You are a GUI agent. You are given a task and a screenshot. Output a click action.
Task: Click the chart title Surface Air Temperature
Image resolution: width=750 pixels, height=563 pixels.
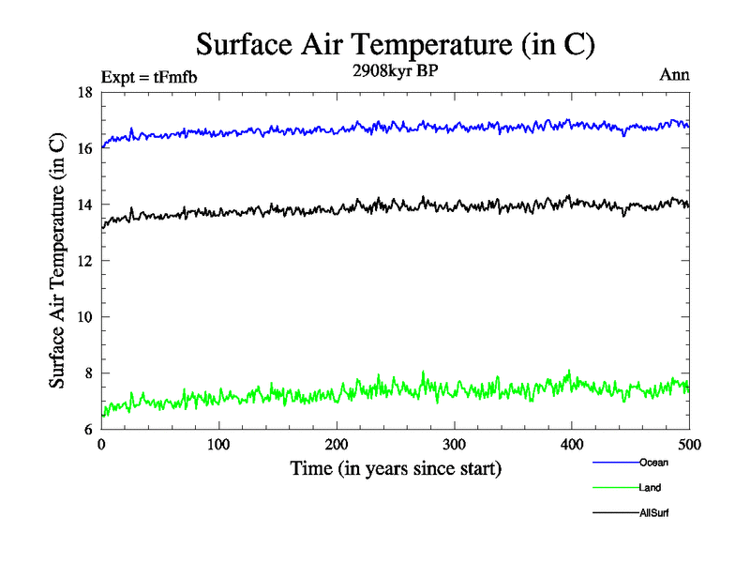pyautogui.click(x=396, y=44)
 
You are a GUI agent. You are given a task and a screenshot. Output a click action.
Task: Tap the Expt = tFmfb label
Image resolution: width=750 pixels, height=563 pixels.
pyautogui.click(x=149, y=77)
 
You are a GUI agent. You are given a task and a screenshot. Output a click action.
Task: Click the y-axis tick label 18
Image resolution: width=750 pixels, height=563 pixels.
pyautogui.click(x=83, y=92)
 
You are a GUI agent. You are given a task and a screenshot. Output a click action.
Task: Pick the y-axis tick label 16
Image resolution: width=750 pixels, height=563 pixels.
pyautogui.click(x=83, y=148)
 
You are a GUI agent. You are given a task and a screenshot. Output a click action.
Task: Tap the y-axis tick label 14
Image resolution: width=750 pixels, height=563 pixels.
pyautogui.click(x=83, y=205)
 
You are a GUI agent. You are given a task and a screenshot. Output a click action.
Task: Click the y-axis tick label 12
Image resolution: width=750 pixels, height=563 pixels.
pyautogui.click(x=83, y=261)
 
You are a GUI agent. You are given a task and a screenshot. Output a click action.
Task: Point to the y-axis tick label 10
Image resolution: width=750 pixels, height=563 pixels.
pyautogui.click(x=83, y=317)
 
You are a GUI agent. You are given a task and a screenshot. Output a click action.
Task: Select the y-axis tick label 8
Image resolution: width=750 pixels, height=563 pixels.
pyautogui.click(x=87, y=373)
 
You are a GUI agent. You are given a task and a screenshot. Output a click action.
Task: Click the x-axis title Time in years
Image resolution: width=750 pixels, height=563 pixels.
pyautogui.click(x=396, y=468)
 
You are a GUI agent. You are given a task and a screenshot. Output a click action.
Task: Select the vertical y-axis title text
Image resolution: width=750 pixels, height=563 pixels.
pyautogui.click(x=58, y=261)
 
